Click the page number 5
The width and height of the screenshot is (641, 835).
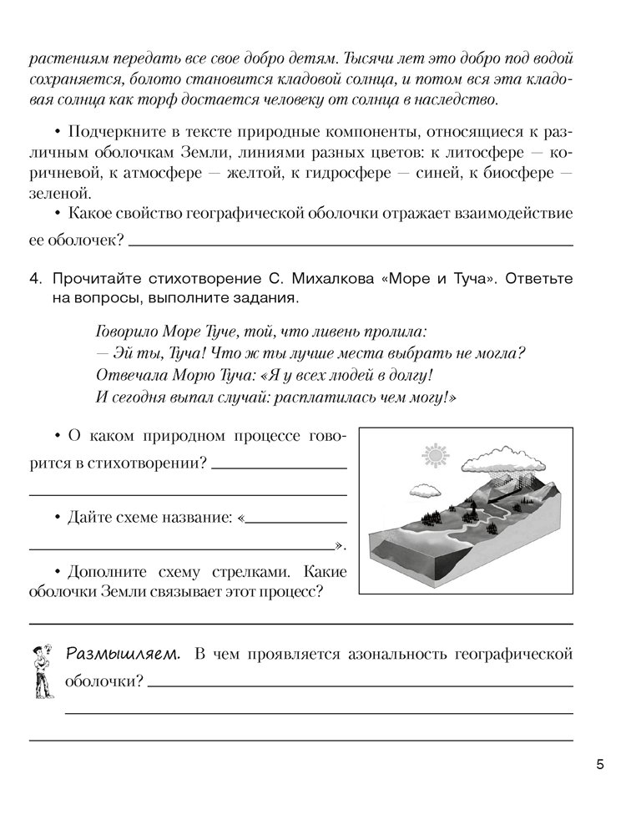click(x=600, y=764)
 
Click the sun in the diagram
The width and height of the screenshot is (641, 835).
click(x=435, y=456)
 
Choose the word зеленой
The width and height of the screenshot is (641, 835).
click(x=56, y=193)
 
